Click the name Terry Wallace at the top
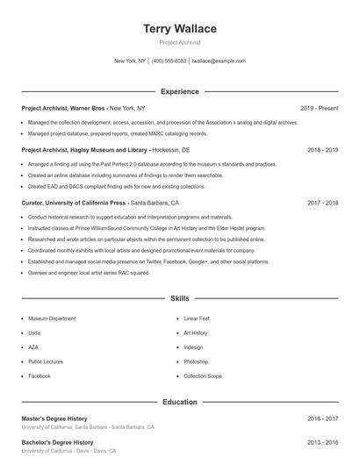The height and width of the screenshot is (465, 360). [x=179, y=29]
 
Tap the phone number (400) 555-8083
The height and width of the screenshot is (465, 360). [x=169, y=61]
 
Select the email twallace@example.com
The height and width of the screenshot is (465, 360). [x=219, y=61]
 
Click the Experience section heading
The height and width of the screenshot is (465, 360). [x=179, y=91]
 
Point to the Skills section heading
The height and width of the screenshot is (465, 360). [x=179, y=299]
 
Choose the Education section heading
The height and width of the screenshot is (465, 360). [x=179, y=402]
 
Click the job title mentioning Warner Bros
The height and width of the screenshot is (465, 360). [x=83, y=108]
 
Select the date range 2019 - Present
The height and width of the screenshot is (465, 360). [x=319, y=108]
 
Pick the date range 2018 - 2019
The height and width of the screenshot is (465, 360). [x=322, y=150]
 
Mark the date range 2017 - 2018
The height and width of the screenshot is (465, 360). [x=322, y=203]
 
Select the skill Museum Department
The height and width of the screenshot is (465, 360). [x=52, y=319]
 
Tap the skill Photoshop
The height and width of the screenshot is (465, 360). [x=196, y=361]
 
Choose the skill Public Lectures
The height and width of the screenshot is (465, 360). [x=46, y=361]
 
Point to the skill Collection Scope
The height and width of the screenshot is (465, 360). [x=202, y=376]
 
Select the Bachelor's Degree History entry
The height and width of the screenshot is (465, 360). [x=57, y=443]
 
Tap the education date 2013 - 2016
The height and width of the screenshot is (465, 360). [x=322, y=443]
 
